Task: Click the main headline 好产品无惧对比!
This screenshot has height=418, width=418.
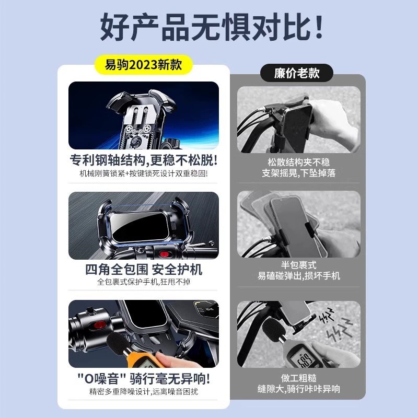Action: click(209, 29)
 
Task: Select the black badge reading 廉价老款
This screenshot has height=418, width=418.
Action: click(296, 73)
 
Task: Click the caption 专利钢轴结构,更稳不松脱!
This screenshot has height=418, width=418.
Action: click(143, 159)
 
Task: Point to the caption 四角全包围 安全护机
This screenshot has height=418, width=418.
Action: click(143, 270)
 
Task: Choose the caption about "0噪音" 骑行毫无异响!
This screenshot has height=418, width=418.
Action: click(143, 378)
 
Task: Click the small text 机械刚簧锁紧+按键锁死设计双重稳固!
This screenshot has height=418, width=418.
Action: click(143, 173)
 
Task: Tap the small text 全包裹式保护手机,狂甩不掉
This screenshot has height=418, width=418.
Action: click(143, 282)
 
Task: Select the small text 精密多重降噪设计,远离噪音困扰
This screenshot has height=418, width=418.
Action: click(143, 391)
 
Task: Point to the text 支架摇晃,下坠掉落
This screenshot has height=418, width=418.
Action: click(299, 172)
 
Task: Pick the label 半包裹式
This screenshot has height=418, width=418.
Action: click(299, 265)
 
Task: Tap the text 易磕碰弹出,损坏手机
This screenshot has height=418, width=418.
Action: click(299, 275)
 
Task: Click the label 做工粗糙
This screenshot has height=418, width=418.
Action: click(299, 377)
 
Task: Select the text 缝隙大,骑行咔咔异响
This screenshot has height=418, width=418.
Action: click(299, 389)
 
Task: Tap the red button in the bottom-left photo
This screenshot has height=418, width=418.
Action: click(97, 326)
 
